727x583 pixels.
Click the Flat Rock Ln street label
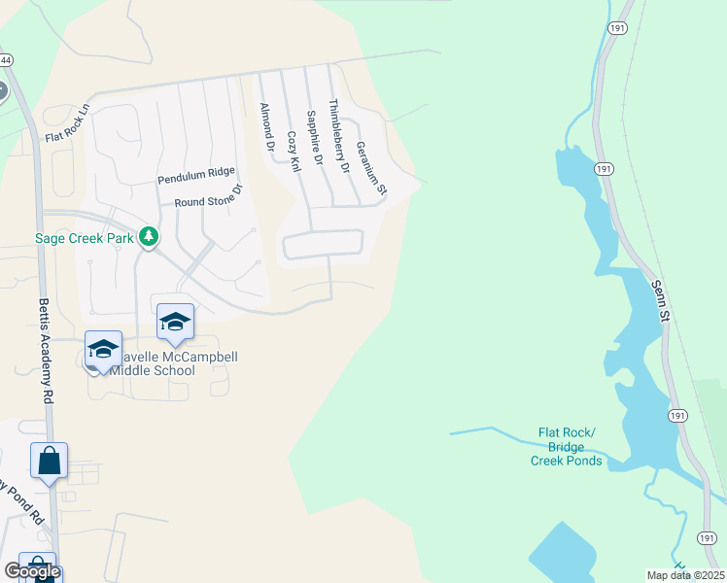(x=67, y=123)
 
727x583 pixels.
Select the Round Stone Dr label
(x=207, y=198)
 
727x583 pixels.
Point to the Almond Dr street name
(x=267, y=126)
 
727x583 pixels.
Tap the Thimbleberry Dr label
(x=338, y=136)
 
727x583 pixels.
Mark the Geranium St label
(x=371, y=166)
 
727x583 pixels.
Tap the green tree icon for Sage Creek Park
(x=149, y=236)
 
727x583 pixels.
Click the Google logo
(x=31, y=572)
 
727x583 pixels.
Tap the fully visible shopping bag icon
(x=49, y=461)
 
